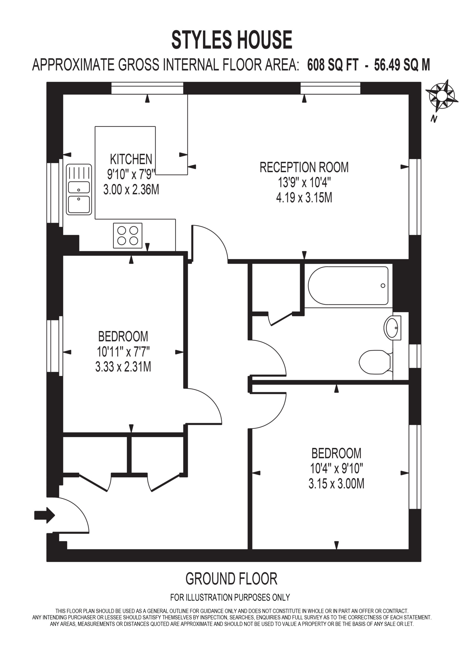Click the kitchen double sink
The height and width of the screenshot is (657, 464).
pos(79,189)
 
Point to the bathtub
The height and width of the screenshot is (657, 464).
pos(348,286)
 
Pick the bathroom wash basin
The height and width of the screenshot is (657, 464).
pos(392,328)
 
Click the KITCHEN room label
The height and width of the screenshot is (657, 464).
pos(131,159)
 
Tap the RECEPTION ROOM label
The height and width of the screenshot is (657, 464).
pos(304,167)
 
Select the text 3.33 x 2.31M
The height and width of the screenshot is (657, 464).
pos(123,366)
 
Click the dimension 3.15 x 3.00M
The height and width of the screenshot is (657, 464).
pos(337,484)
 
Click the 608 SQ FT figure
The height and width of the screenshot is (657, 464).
pos(332,65)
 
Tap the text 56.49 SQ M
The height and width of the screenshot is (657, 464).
pos(402,65)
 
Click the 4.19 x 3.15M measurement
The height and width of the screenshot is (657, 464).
pos(304,198)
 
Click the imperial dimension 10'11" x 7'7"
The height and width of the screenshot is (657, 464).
pos(123,352)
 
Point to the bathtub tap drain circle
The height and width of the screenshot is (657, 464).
pos(383,286)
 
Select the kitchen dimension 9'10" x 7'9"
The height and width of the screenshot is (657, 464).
pos(131,174)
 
